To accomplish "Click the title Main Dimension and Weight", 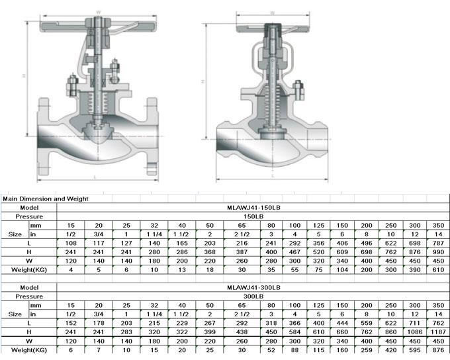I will pyautogui.click(x=46, y=199).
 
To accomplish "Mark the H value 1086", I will pyautogui.click(x=412, y=331).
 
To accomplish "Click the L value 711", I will pyautogui.click(x=412, y=322).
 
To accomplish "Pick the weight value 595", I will pyautogui.click(x=412, y=349).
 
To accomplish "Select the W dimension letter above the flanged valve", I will pyautogui.click(x=97, y=11).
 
